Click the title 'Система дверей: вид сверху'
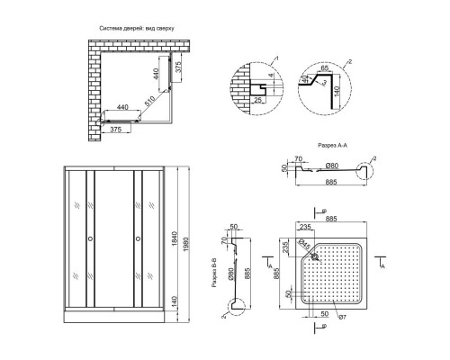[x=142, y=29]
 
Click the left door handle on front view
[x=89, y=239]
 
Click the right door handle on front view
[x=137, y=239]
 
